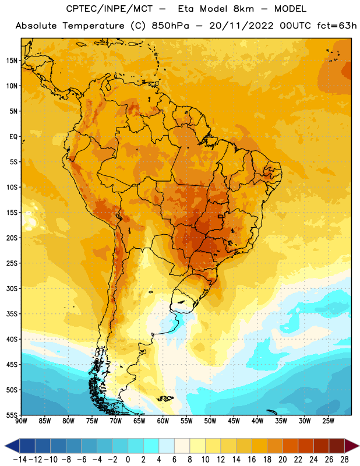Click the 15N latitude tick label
(x=12, y=61)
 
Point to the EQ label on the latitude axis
(x=13, y=137)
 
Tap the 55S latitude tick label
(x=12, y=415)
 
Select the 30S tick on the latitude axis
(x=12, y=288)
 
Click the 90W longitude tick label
(x=21, y=421)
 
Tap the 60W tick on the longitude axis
(x=163, y=421)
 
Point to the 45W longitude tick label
(x=234, y=421)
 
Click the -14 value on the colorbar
(x=20, y=460)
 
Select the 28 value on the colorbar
(x=344, y=460)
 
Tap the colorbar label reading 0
(x=128, y=460)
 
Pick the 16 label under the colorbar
(x=252, y=460)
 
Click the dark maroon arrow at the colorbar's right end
(x=351, y=446)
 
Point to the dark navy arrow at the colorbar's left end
(x=12, y=446)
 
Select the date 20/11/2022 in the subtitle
(x=241, y=26)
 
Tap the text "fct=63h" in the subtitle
(x=337, y=26)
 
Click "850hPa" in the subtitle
(x=170, y=26)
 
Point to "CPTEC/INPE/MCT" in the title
(x=110, y=9)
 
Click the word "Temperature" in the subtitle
(x=93, y=26)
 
